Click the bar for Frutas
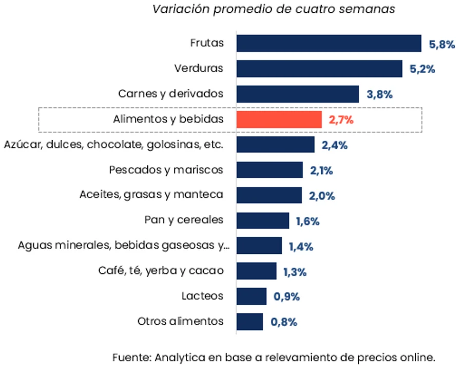(328, 44)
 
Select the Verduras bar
(319, 69)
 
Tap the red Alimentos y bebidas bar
(279, 120)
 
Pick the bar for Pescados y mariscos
(269, 170)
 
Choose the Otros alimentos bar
(249, 322)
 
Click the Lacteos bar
(252, 297)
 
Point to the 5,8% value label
(442, 44)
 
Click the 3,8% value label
(379, 95)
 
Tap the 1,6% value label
(307, 221)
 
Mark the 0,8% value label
(284, 322)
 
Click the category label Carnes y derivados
(171, 94)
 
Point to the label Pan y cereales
(184, 220)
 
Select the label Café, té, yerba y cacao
(161, 271)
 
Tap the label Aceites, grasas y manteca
(151, 195)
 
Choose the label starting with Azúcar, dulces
(113, 144)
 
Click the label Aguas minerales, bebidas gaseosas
(123, 246)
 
